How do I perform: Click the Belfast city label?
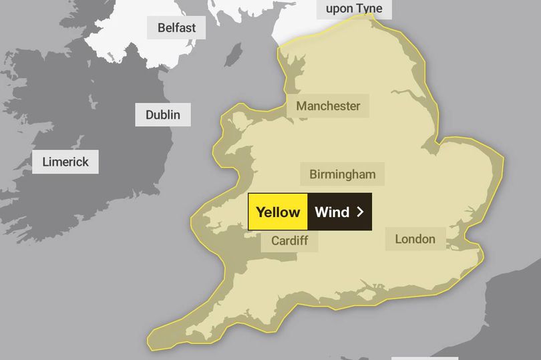[x=176, y=27]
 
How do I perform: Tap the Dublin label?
[x=162, y=115]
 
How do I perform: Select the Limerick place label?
[x=65, y=162]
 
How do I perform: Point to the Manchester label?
[x=328, y=106]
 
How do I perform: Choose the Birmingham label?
[x=342, y=174]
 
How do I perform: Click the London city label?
[x=415, y=238]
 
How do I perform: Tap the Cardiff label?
[x=289, y=240]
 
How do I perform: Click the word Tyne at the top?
[x=373, y=8]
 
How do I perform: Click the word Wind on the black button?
[x=332, y=212]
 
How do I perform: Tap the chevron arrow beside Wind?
[x=360, y=212]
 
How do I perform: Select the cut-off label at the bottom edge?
[x=414, y=357]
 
